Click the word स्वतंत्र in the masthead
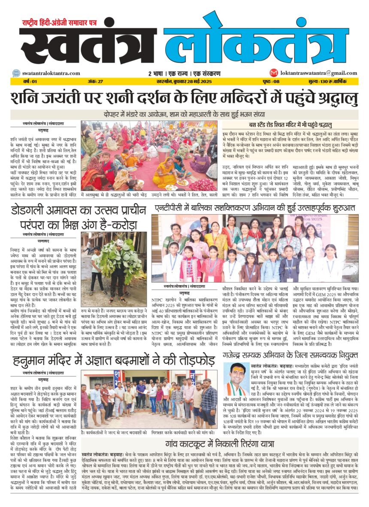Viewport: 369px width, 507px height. click(x=88, y=45)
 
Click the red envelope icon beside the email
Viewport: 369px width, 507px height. click(x=273, y=73)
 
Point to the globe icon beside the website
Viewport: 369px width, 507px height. click(x=16, y=73)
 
